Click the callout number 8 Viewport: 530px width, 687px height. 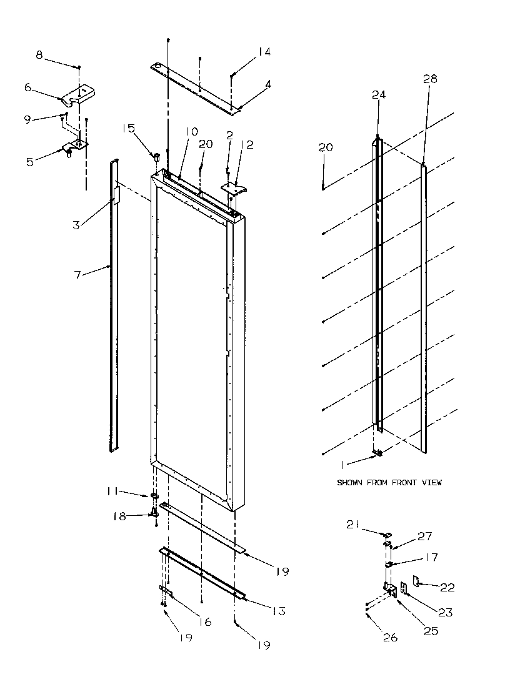pyautogui.click(x=39, y=55)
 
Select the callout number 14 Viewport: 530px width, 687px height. pyautogui.click(x=264, y=52)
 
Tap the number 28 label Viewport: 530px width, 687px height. pyautogui.click(x=429, y=79)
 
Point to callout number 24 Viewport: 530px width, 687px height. pyautogui.click(x=379, y=95)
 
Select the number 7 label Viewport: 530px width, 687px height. pyautogui.click(x=78, y=275)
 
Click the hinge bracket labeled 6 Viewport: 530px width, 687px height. pyautogui.click(x=77, y=95)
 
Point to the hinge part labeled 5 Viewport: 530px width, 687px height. pyautogui.click(x=72, y=149)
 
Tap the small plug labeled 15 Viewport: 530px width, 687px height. pyautogui.click(x=157, y=154)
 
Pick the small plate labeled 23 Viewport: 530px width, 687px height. pyautogui.click(x=403, y=588)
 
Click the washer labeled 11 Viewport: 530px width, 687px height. pyautogui.click(x=152, y=497)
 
